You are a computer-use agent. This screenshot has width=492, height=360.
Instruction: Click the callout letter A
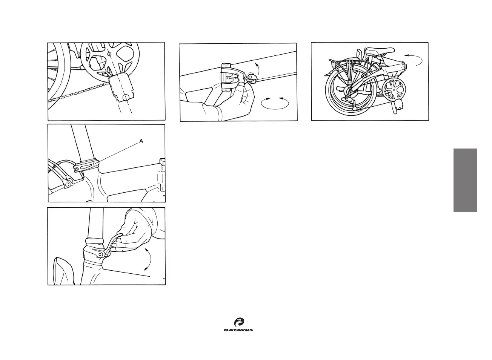pos(141,141)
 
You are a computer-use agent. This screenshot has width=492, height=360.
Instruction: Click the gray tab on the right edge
pos(465,180)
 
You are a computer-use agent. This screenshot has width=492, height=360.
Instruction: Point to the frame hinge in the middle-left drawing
pos(163,175)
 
